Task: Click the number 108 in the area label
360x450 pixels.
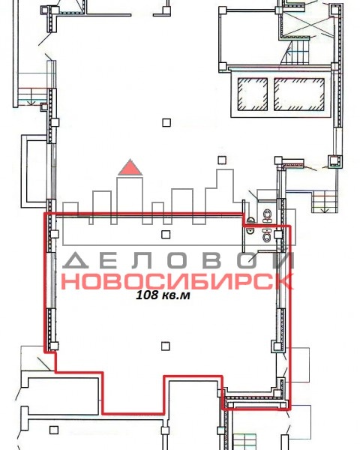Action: (x=145, y=295)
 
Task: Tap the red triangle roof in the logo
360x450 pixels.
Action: (x=130, y=167)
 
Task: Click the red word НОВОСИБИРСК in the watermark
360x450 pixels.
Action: (x=177, y=281)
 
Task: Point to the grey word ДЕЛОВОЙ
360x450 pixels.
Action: (x=178, y=260)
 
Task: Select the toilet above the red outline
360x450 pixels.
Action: (x=268, y=215)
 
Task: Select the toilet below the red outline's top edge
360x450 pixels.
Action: (x=268, y=235)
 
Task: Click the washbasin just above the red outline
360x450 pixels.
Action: (x=251, y=220)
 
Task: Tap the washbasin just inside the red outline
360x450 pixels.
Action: (x=250, y=230)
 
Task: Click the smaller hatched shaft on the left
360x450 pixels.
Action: (x=253, y=94)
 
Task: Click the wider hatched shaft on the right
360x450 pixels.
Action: (x=299, y=94)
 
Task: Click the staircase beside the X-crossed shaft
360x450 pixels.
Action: (x=297, y=52)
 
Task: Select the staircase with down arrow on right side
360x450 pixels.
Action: (x=325, y=202)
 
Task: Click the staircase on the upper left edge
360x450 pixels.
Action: (x=32, y=97)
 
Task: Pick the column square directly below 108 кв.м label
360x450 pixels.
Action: (x=165, y=346)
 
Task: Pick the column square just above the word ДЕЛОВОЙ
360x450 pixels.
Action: (x=166, y=235)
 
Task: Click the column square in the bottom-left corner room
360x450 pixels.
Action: (x=54, y=430)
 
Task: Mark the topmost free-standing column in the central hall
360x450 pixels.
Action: (x=166, y=122)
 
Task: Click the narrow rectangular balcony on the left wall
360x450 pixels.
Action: (x=34, y=171)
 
